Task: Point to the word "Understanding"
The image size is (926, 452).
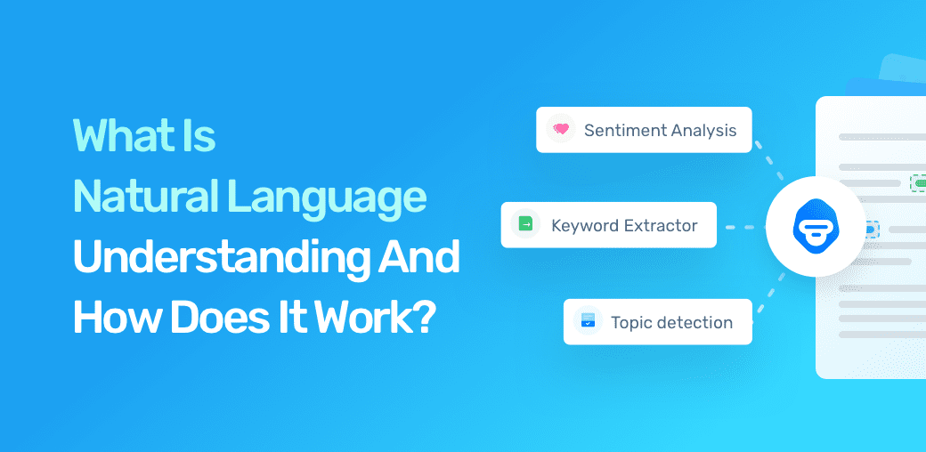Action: pyautogui.click(x=210, y=257)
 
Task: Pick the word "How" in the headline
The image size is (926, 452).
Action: pyautogui.click(x=107, y=317)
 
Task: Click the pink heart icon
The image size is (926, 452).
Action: pyautogui.click(x=560, y=130)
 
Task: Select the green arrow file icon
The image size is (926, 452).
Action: pyautogui.click(x=525, y=225)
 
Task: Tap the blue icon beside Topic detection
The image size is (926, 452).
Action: pyautogui.click(x=588, y=321)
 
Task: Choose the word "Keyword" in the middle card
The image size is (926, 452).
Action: pyautogui.click(x=585, y=225)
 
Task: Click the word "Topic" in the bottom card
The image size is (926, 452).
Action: pyautogui.click(x=632, y=322)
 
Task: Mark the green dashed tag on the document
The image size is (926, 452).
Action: pyautogui.click(x=917, y=182)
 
